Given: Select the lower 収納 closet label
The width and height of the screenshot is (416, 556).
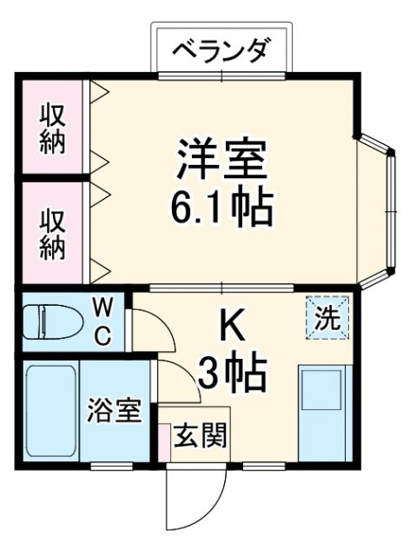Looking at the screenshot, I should tap(51, 234).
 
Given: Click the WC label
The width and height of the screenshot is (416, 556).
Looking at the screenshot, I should tap(102, 322).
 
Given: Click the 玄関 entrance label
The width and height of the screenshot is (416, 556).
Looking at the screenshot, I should tap(201, 434).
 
